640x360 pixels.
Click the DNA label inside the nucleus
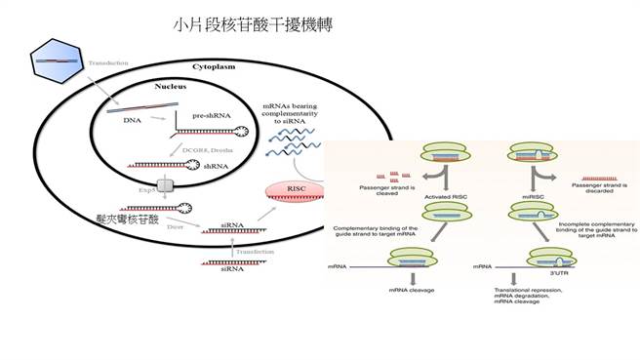(130, 118)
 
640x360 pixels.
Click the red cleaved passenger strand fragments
(373, 176)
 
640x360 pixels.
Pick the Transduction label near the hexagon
(107, 64)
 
